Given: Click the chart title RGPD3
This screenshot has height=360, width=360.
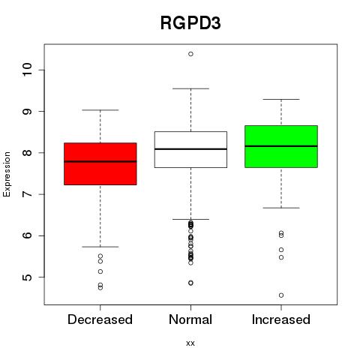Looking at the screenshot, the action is tap(190, 22).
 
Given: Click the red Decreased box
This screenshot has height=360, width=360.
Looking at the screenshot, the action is tap(100, 164).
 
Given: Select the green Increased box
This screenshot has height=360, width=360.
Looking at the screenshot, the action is tap(281, 146).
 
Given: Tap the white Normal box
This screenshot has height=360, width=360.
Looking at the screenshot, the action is tap(190, 149).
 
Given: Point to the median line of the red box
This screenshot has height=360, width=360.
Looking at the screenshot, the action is tap(100, 161).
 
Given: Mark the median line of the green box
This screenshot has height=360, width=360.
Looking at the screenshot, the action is tap(281, 146).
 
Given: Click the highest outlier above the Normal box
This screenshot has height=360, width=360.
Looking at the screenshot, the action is tap(190, 54).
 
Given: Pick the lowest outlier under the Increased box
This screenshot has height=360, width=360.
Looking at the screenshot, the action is tap(281, 295).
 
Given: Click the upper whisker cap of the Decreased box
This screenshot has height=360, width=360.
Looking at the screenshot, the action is tap(100, 110).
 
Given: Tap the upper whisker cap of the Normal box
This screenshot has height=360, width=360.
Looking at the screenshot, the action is tap(190, 88).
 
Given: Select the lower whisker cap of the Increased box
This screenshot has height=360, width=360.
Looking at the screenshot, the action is tap(281, 208).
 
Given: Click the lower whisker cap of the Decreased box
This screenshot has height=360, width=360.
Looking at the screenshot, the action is tap(100, 247).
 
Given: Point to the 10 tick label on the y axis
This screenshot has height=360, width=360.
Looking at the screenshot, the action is tap(27, 70).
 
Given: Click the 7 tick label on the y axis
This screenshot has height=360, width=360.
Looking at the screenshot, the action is tap(27, 194).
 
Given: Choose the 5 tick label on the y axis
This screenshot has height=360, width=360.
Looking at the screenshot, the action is tap(27, 277).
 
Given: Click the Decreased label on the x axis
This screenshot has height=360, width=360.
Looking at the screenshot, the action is tap(100, 319).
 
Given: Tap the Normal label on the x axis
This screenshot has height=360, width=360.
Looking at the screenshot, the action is tap(190, 319).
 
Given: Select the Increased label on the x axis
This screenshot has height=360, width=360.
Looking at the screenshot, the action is tap(281, 319).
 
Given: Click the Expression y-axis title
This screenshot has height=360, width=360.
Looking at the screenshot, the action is tap(7, 174).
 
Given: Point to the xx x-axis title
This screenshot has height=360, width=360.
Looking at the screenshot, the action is tap(190, 343).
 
